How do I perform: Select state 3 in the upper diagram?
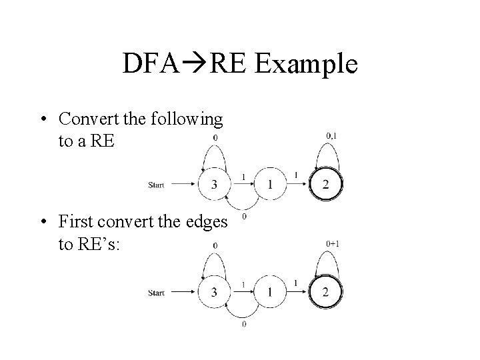click(x=214, y=185)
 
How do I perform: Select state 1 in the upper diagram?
click(x=269, y=185)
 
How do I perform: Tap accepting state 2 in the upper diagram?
click(x=325, y=185)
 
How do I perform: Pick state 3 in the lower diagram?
click(x=214, y=291)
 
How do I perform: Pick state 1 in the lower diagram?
click(x=269, y=291)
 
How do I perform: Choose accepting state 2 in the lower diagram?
click(x=325, y=291)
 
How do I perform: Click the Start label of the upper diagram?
click(x=156, y=185)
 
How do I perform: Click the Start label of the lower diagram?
click(x=156, y=292)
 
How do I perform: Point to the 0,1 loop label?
click(x=332, y=137)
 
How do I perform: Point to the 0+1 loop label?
click(x=333, y=244)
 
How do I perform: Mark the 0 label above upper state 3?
click(x=214, y=138)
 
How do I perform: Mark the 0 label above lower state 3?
click(x=214, y=245)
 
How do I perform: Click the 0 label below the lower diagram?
click(x=244, y=325)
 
